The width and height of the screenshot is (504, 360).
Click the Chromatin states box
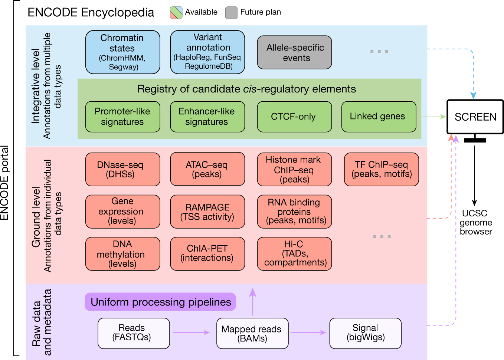point(122,52)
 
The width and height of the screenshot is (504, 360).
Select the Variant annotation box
point(207,52)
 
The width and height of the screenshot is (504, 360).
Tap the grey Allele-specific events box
point(294,52)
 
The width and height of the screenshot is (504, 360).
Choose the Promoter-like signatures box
point(122,117)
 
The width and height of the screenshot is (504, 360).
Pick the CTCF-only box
point(294,117)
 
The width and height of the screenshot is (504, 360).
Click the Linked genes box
point(379,117)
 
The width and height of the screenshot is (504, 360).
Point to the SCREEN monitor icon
point(475,117)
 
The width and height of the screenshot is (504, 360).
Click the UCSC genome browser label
point(475,222)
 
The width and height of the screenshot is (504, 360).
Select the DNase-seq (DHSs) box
point(122,169)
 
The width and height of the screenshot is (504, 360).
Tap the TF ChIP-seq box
point(382,169)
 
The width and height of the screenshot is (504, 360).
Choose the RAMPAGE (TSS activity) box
point(207,212)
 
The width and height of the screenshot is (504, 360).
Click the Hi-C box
point(294,253)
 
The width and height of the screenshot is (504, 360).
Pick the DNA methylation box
point(122,253)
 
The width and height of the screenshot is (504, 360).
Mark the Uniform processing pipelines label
point(160,302)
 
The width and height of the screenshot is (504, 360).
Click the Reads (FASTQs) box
point(134,333)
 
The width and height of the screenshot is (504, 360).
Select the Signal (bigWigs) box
point(365,333)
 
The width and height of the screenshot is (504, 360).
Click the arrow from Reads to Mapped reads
point(192,333)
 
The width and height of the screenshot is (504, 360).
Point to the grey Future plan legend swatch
point(231,12)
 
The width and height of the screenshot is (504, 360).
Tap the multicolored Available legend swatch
point(176,12)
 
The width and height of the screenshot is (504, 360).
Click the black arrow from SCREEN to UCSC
point(474,174)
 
